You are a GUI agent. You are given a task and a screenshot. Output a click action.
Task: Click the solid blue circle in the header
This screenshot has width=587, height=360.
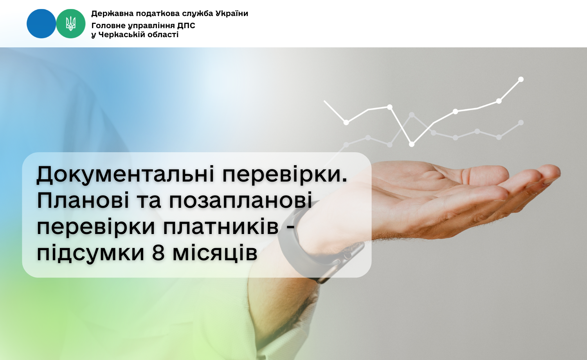[41, 23]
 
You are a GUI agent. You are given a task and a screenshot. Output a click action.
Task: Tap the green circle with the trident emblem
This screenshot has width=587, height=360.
[71, 23]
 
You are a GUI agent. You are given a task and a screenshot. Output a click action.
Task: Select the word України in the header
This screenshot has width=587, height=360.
[232, 13]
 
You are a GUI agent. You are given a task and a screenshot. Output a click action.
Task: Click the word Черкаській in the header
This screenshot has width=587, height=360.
[122, 34]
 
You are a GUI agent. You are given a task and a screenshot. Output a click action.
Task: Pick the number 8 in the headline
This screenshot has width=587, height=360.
[158, 253]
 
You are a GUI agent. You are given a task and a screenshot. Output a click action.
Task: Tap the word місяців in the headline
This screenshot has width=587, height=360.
[215, 253]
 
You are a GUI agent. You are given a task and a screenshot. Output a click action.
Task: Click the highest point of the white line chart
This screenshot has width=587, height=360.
[521, 79]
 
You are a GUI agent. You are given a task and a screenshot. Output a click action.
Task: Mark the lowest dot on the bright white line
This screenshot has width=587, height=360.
[412, 144]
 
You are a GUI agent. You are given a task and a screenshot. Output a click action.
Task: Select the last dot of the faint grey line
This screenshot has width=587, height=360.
[521, 122]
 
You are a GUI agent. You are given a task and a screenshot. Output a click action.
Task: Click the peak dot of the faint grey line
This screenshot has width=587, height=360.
[412, 115]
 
